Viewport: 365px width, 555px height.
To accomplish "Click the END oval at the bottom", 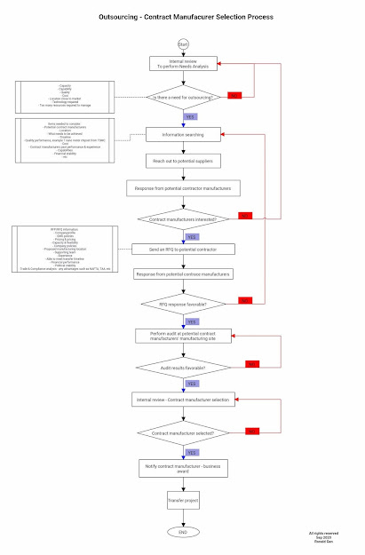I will click(182, 531).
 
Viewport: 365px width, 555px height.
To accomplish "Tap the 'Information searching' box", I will click(183, 134).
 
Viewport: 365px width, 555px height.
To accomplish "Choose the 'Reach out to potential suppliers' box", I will click(183, 160).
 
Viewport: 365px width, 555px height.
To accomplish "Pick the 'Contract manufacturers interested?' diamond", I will click(183, 218).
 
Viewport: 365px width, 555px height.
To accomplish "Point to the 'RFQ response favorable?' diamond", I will click(183, 304).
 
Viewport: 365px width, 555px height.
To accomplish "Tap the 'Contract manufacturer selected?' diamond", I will click(183, 432).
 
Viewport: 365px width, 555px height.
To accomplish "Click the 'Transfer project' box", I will click(183, 502).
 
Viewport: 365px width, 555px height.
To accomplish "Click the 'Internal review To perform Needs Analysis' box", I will click(183, 63).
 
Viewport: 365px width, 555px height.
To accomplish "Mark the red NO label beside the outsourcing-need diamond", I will click(235, 95).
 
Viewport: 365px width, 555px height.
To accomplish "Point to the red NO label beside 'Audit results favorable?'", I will click(252, 364).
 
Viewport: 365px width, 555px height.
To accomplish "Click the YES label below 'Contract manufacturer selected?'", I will click(193, 451).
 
